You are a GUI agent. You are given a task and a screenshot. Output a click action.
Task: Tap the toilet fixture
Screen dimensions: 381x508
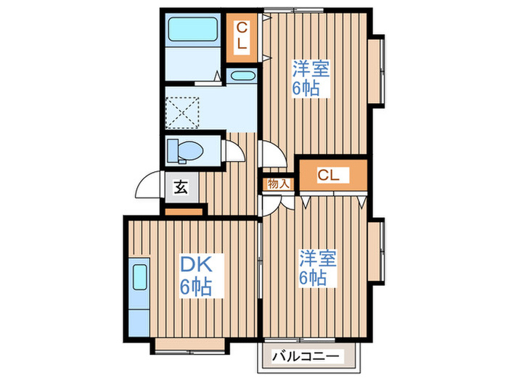tap(187, 150)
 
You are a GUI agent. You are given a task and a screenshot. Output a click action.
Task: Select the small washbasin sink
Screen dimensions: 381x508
tap(242, 75)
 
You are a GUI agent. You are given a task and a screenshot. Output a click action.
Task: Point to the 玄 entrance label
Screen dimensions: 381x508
tap(181, 188)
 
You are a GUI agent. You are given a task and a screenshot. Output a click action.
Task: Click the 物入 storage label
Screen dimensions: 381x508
tap(278, 184)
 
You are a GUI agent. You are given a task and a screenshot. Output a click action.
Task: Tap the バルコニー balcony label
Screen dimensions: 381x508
tap(310, 357)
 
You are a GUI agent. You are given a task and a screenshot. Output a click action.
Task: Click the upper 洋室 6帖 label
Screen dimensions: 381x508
tap(311, 79)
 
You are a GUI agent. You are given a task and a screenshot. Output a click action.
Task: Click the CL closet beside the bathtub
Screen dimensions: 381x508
tap(242, 36)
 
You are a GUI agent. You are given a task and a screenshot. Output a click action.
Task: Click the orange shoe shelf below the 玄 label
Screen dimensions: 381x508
tap(185, 211)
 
